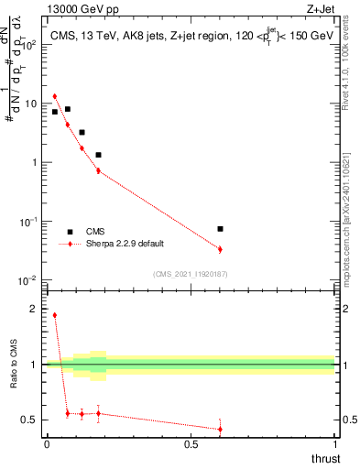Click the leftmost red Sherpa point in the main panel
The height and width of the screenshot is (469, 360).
coord(55,96)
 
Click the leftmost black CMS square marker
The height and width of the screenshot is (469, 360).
coord(55,112)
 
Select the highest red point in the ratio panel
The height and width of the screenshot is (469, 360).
coord(55,315)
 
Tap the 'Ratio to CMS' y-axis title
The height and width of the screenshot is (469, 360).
coord(13,377)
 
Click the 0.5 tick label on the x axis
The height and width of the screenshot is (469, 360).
coord(191,444)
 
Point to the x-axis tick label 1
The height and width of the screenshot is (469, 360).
coord(335,444)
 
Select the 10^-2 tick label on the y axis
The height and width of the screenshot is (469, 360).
coord(29,280)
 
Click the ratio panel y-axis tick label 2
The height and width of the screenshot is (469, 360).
coord(35,310)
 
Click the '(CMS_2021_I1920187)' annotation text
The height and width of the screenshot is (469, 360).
coord(191,274)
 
